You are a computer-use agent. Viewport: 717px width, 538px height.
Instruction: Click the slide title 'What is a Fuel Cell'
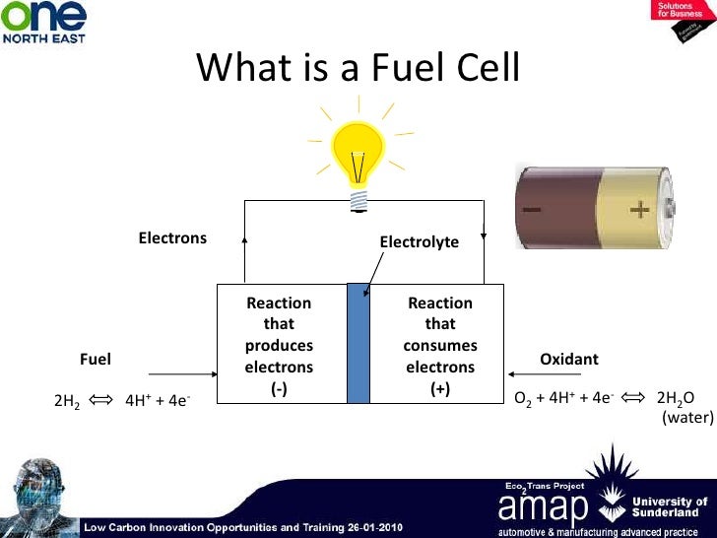358,67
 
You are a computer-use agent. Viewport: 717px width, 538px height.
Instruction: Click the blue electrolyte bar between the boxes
358,344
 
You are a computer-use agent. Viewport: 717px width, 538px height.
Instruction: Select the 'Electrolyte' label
419,241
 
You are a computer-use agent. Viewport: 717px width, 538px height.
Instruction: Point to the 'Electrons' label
172,237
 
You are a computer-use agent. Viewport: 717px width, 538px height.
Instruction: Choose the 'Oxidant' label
569,360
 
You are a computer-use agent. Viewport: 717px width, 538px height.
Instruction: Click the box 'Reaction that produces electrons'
280,345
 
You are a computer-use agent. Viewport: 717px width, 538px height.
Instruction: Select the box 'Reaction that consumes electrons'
440,345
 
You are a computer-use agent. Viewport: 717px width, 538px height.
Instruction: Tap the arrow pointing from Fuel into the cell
181,374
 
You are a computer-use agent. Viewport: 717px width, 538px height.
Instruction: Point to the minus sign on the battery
533,210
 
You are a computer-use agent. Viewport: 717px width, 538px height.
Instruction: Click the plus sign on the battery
639,209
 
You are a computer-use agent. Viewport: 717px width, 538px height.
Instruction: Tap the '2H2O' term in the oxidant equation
675,399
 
